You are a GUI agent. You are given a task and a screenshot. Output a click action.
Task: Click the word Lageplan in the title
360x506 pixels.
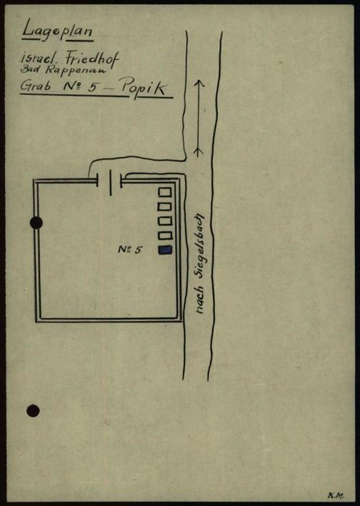pyautogui.click(x=57, y=31)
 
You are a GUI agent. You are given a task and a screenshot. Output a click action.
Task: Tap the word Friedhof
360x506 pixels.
pyautogui.click(x=92, y=60)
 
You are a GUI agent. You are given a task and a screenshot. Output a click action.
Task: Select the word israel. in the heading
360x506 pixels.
pyautogui.click(x=41, y=58)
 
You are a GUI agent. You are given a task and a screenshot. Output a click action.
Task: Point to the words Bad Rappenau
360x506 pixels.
pyautogui.click(x=64, y=69)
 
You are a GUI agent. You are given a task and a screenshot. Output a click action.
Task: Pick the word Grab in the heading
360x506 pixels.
pyautogui.click(x=35, y=86)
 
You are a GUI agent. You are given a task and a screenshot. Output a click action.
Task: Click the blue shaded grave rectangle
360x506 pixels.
pyautogui.click(x=165, y=250)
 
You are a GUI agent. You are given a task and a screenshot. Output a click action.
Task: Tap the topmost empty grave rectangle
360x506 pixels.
pyautogui.click(x=164, y=192)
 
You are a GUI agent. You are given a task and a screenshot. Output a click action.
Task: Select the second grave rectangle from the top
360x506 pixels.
pyautogui.click(x=165, y=206)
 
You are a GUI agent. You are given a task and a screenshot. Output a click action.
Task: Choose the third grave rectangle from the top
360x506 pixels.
pyautogui.click(x=165, y=221)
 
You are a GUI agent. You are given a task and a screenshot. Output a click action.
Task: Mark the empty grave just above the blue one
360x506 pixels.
pyautogui.click(x=165, y=235)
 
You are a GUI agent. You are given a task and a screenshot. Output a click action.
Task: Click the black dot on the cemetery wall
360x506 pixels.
pyautogui.click(x=36, y=223)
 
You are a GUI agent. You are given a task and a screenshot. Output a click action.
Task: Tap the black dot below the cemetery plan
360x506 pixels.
pyautogui.click(x=34, y=410)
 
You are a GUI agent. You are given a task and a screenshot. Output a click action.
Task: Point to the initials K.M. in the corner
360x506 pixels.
pyautogui.click(x=336, y=495)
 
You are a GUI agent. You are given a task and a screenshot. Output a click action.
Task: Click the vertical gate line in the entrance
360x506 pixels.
pyautogui.click(x=111, y=183)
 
